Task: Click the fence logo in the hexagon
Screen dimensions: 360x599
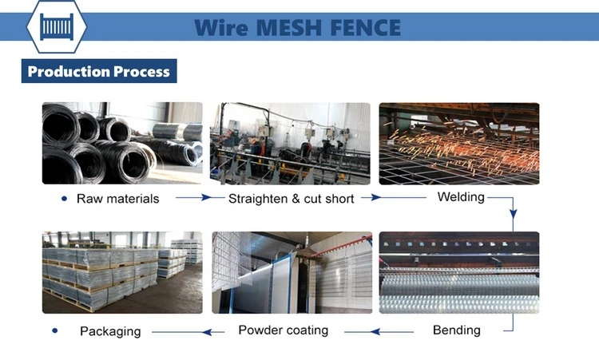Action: (x=56, y=27)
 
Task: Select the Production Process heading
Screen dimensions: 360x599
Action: (x=98, y=71)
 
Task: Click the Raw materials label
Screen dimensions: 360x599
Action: (x=117, y=198)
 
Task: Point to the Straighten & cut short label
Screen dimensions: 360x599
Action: (x=291, y=198)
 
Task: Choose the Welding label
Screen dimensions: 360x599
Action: (x=461, y=196)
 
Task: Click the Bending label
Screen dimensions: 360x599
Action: (x=456, y=329)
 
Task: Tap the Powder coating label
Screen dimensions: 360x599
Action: (x=283, y=329)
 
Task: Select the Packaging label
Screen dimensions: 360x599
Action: (x=110, y=330)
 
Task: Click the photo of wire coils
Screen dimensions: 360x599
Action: (x=122, y=144)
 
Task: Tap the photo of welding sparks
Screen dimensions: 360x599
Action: (x=458, y=144)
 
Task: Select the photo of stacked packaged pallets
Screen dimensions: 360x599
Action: (x=122, y=272)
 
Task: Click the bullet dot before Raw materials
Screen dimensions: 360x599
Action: (x=64, y=198)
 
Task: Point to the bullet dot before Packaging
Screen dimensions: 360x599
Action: (x=55, y=330)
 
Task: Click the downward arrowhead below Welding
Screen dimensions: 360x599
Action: (x=514, y=214)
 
